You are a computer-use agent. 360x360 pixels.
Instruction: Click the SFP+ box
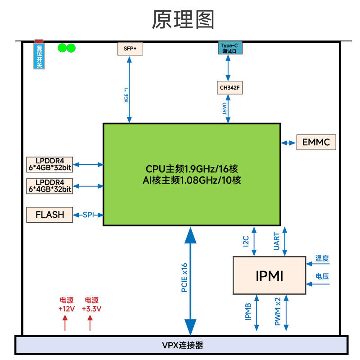[x=130, y=48]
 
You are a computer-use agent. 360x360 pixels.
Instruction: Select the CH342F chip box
[x=229, y=88]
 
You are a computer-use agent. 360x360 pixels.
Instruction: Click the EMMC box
[x=316, y=143]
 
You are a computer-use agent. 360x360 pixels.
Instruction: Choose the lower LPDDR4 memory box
[x=50, y=186]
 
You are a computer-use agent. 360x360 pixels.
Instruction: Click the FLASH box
[x=50, y=215]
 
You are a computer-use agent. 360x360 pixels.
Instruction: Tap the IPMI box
[x=270, y=275]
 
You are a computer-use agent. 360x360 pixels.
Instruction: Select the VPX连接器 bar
[x=182, y=345]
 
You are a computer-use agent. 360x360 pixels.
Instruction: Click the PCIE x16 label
[x=184, y=278]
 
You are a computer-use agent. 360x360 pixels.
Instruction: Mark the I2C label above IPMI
[x=246, y=242]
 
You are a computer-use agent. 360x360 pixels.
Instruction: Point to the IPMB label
[x=248, y=311]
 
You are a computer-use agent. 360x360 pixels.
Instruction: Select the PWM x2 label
[x=277, y=311]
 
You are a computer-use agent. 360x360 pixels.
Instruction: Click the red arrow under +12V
[x=65, y=323]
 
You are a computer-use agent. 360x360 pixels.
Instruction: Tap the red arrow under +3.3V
[x=90, y=323]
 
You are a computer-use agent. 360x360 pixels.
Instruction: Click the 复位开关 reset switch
[x=39, y=55]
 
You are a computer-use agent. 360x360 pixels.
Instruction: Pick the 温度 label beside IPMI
[x=322, y=259]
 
